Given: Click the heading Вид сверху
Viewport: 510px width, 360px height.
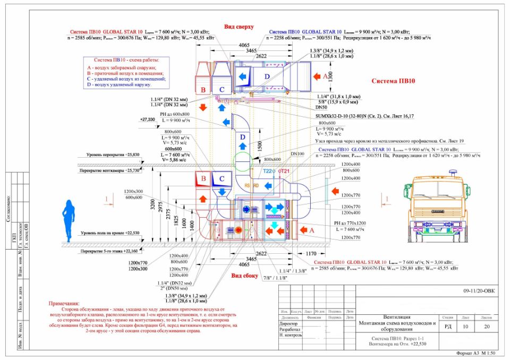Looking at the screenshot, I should [239, 27].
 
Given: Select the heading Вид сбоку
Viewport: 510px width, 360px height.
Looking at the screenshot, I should [245, 276].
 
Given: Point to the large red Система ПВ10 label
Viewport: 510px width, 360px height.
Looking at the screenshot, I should [393, 81].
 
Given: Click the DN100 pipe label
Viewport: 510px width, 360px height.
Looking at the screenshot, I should [297, 153].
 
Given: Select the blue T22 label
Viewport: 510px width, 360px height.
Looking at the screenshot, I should [269, 172].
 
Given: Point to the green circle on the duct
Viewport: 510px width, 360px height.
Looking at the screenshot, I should [242, 159].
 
